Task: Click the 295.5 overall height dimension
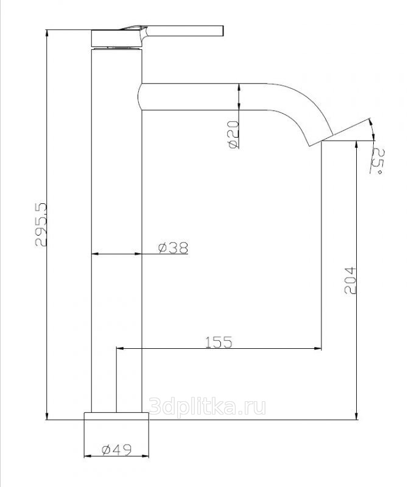[x=41, y=225]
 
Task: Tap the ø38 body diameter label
[x=173, y=248]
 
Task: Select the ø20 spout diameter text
[x=233, y=134]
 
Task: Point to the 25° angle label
[x=378, y=161]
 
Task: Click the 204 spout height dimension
[x=350, y=280]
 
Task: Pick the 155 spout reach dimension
[x=219, y=342]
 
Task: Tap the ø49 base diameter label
[x=116, y=449]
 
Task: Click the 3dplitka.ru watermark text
[x=207, y=406]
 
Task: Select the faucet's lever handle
[x=174, y=31]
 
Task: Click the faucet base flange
[x=116, y=416]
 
